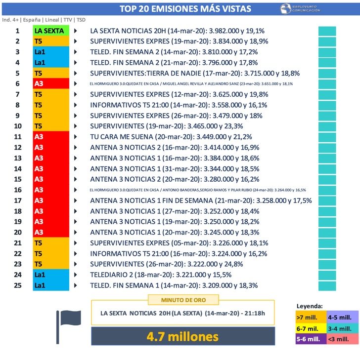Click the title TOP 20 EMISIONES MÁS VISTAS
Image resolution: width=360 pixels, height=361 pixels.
185,9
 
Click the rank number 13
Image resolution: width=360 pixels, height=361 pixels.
18,158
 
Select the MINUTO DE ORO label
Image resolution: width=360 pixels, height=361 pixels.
183,300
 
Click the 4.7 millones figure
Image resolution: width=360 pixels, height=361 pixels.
183,337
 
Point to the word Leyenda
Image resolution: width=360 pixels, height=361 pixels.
310,306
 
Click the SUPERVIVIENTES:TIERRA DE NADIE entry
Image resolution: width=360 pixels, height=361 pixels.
158,73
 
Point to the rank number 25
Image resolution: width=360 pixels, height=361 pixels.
18,285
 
